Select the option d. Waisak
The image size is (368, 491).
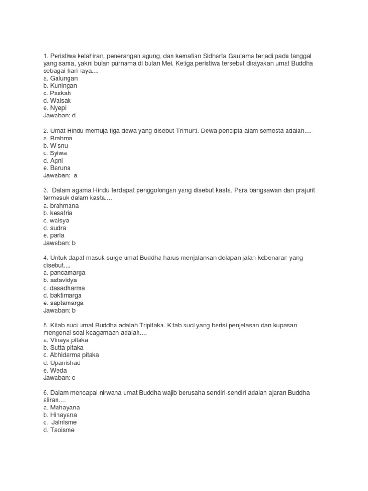(x=57, y=101)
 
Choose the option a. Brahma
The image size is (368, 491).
(x=58, y=138)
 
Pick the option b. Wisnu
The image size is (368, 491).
(x=57, y=146)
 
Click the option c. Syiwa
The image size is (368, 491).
(x=56, y=153)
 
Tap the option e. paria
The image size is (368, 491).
(x=54, y=235)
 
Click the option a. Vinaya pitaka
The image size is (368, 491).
(x=66, y=340)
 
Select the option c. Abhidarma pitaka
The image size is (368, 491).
(x=71, y=355)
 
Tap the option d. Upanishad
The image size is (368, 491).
(x=62, y=363)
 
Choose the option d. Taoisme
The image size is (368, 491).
(x=59, y=430)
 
